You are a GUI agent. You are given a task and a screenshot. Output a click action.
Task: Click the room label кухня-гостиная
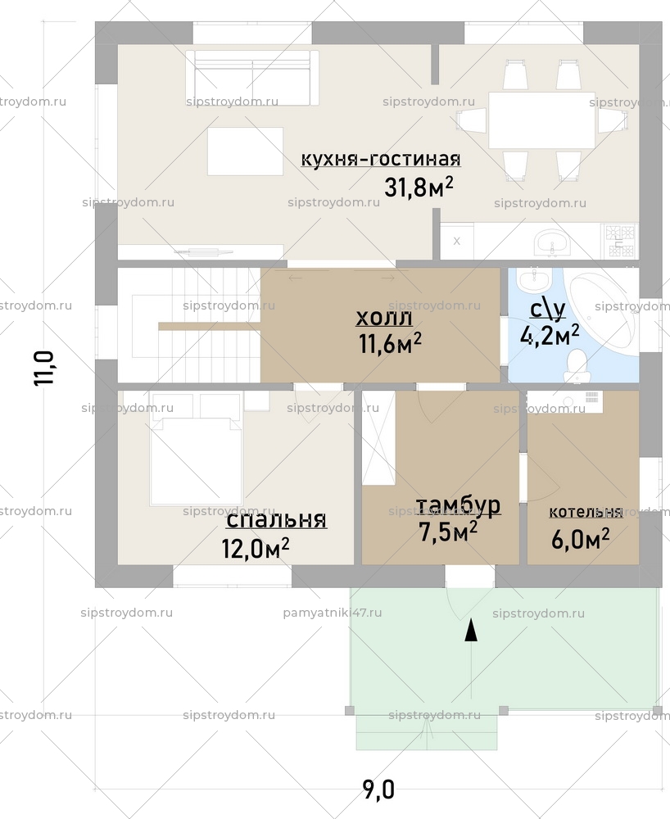(x=381, y=159)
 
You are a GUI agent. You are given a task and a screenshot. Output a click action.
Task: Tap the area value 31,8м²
(x=419, y=188)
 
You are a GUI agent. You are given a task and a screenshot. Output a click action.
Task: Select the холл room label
(x=384, y=318)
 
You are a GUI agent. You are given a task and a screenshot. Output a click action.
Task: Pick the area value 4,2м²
(x=550, y=333)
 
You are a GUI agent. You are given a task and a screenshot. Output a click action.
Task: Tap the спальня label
(x=276, y=519)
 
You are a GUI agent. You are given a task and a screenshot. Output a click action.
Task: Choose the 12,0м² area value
(x=256, y=547)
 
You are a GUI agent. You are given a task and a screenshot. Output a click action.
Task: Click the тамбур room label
(x=458, y=505)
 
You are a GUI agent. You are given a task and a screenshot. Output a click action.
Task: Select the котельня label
(x=585, y=512)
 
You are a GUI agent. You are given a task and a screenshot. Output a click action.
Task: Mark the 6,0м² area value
(x=582, y=537)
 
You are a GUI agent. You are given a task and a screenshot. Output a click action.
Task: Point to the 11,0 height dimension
(x=44, y=368)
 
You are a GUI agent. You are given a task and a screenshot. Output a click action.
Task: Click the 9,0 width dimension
(x=378, y=790)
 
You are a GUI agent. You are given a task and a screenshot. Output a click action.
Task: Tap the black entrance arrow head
(x=471, y=631)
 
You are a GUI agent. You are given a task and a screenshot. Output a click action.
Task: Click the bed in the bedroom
(x=196, y=459)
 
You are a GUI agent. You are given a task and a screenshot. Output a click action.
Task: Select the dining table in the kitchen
(x=541, y=120)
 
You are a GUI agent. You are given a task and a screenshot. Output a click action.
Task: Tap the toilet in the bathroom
(x=578, y=365)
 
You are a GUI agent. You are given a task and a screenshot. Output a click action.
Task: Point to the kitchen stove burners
(x=620, y=240)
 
